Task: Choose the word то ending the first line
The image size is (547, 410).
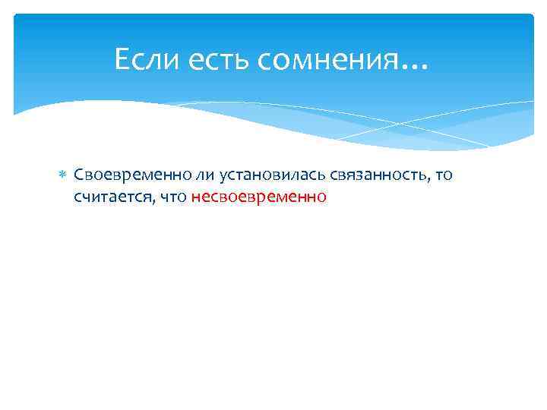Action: [444, 175]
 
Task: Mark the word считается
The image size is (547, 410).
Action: [112, 197]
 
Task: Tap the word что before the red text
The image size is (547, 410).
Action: [173, 197]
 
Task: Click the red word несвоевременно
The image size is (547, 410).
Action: [259, 197]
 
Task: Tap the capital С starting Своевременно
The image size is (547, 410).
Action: [78, 175]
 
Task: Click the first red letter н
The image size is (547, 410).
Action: [196, 198]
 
